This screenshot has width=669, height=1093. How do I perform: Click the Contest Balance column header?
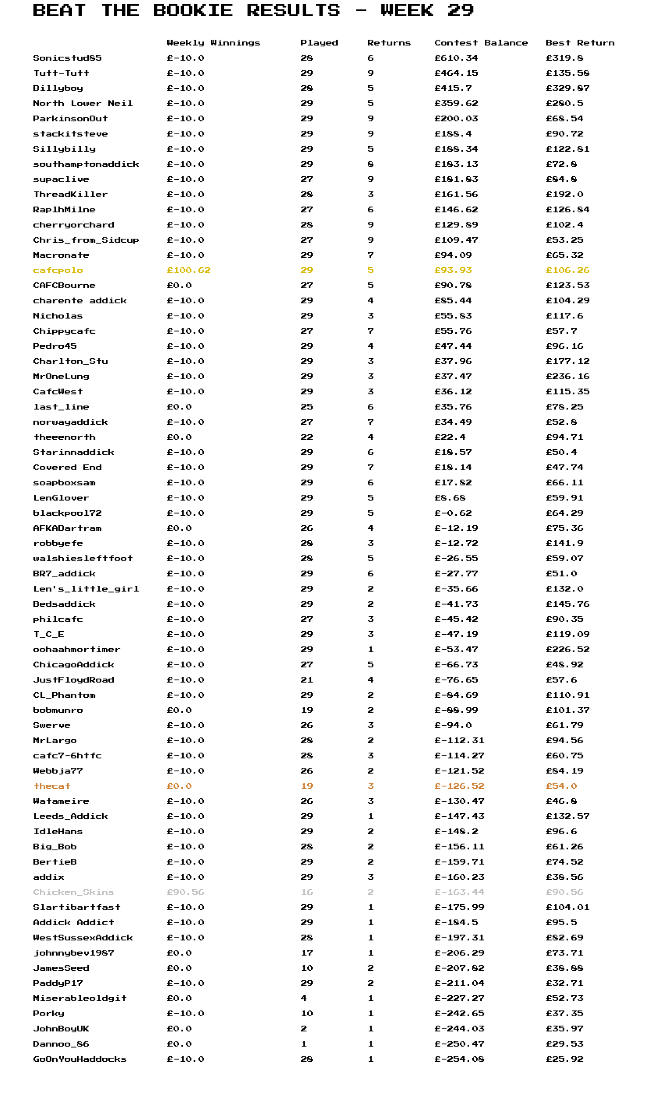tap(481, 43)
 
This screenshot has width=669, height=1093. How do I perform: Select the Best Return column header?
tap(580, 43)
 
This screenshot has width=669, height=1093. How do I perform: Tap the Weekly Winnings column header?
tap(213, 43)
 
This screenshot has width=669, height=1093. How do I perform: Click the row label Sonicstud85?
tap(67, 58)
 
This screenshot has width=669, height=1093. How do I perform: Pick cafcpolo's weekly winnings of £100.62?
tap(189, 270)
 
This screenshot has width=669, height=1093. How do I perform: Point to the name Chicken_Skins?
tap(74, 892)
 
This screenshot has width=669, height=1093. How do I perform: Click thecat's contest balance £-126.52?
tap(459, 786)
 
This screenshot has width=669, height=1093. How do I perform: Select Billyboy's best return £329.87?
tap(567, 88)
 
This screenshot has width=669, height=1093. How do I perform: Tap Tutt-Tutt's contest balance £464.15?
tap(456, 73)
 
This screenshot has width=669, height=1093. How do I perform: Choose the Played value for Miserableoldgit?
tap(304, 998)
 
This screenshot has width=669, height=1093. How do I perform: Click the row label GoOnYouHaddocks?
tap(80, 1059)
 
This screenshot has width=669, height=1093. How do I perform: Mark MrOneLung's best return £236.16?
tap(567, 377)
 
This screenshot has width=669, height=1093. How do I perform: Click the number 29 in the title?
tap(460, 10)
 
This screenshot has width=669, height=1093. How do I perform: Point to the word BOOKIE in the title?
tap(193, 10)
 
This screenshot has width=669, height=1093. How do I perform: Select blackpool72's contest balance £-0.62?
tap(453, 513)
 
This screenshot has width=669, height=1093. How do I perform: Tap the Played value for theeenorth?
tap(307, 437)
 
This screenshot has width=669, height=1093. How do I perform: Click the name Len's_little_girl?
tap(86, 589)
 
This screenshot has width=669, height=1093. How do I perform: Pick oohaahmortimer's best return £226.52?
tap(567, 650)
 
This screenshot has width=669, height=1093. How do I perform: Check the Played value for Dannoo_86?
tap(304, 1044)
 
